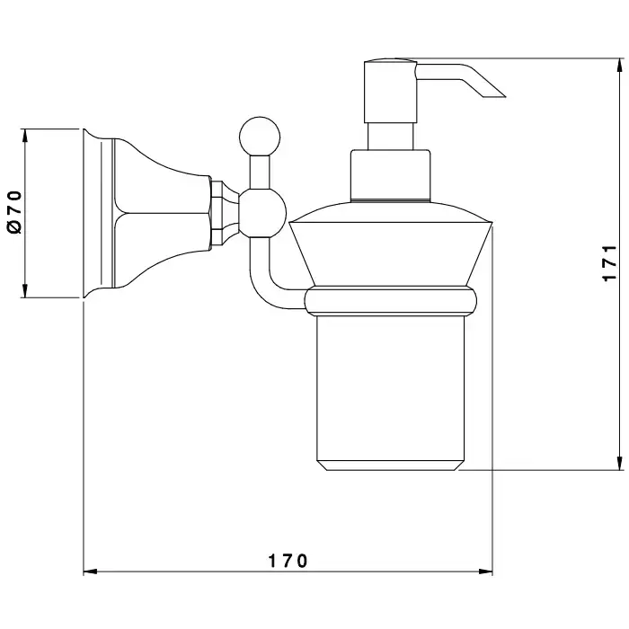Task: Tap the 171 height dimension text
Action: pos(608,265)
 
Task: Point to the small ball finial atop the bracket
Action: pos(253,133)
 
